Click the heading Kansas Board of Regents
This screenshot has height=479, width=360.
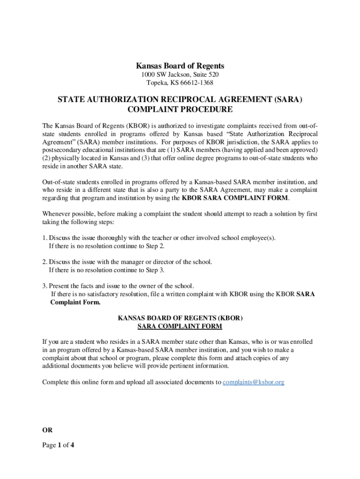click(180, 66)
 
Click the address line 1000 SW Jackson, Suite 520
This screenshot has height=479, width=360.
click(180, 75)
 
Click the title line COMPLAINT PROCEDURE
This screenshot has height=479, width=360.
click(180, 110)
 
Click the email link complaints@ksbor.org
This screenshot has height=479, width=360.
click(253, 382)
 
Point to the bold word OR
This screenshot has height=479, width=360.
click(47, 430)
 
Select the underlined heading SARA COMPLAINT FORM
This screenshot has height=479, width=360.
click(180, 326)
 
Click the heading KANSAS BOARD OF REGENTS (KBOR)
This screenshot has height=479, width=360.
click(180, 318)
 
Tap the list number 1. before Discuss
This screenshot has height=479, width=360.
click(44, 238)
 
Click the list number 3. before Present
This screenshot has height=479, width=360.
click(44, 286)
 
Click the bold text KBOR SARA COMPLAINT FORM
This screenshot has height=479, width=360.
click(235, 198)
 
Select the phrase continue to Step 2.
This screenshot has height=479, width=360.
click(140, 246)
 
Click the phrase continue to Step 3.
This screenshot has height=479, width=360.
click(140, 270)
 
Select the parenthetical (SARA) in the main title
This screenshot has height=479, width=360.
click(285, 100)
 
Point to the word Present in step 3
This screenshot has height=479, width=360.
click(60, 286)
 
